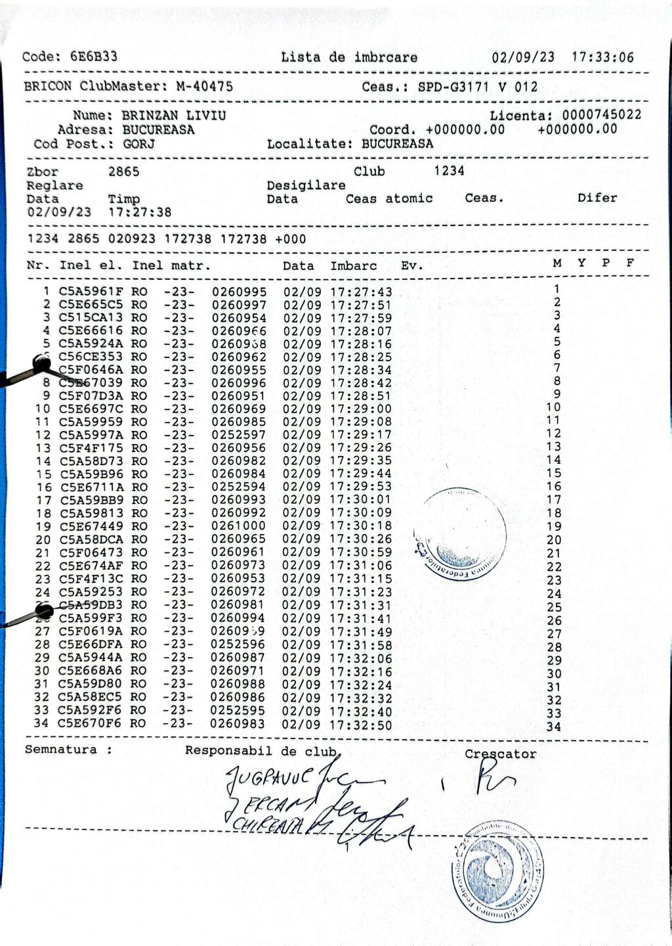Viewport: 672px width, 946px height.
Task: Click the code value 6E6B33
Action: tap(94, 56)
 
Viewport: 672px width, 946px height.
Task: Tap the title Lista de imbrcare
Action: tap(349, 57)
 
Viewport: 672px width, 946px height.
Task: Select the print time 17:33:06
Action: tap(602, 57)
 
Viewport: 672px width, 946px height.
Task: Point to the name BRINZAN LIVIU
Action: tap(174, 116)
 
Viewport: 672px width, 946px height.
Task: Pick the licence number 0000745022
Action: tap(602, 115)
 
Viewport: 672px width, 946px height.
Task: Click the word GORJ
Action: tap(139, 144)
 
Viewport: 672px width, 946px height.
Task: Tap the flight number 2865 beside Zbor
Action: tap(123, 171)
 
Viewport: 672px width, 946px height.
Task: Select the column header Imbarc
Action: tap(354, 266)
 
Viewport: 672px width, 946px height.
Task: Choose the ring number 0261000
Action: tap(238, 526)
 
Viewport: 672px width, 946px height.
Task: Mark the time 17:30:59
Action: tap(360, 552)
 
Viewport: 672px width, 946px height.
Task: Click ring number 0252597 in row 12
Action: tap(238, 435)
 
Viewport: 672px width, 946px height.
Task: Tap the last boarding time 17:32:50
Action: tap(360, 725)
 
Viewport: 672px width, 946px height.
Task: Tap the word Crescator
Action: tap(500, 754)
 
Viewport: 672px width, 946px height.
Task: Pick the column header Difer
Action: tap(597, 198)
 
